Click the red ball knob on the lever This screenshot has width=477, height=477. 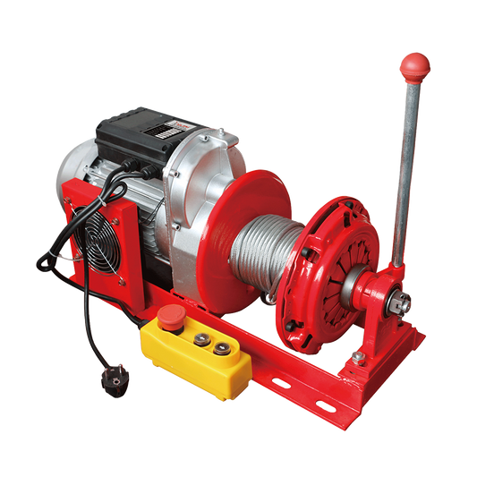[x=414, y=64]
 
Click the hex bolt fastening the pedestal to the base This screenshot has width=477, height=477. [x=358, y=356]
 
